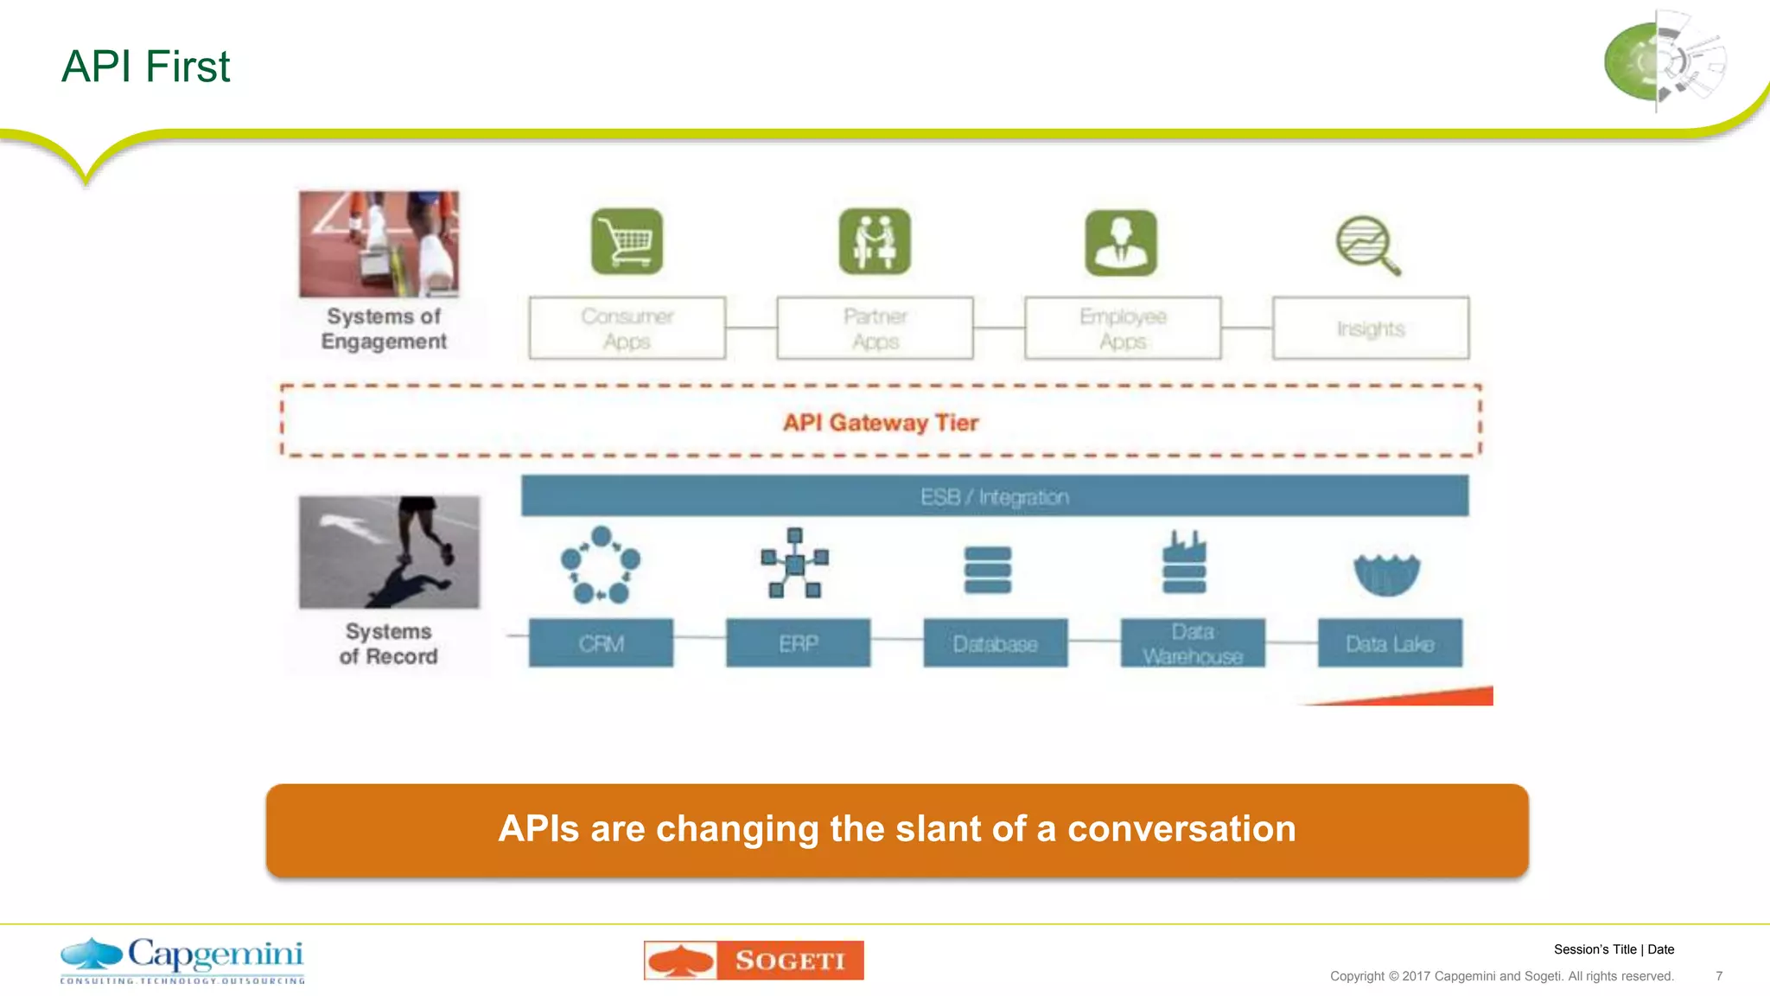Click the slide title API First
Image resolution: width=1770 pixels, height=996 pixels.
coord(145,67)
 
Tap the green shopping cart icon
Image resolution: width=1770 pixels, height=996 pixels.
coord(627,241)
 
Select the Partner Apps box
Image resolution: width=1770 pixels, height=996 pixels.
coord(875,328)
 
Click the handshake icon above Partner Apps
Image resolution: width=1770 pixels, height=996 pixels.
coord(875,241)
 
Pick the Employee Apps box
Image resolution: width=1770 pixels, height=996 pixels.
coord(1123,328)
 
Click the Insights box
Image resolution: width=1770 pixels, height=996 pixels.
coord(1371,328)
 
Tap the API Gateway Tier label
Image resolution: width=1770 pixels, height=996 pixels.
coord(880,423)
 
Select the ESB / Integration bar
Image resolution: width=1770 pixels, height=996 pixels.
coord(994,496)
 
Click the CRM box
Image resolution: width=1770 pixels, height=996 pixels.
coord(601,643)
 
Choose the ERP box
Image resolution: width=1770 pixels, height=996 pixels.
coord(798,643)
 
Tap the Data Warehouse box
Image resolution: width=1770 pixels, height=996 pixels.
coord(1193,643)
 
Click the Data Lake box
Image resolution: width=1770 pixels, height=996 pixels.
coord(1390,643)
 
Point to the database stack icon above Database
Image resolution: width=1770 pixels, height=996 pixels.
coord(987,570)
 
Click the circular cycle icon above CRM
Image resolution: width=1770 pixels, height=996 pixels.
coord(601,565)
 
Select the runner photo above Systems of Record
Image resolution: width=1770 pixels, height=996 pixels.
coord(389,552)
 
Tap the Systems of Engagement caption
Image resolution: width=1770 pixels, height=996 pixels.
coord(384,329)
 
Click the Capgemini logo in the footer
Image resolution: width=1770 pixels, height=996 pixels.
coord(182,960)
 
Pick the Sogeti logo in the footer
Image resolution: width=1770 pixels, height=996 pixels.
coord(754,960)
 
